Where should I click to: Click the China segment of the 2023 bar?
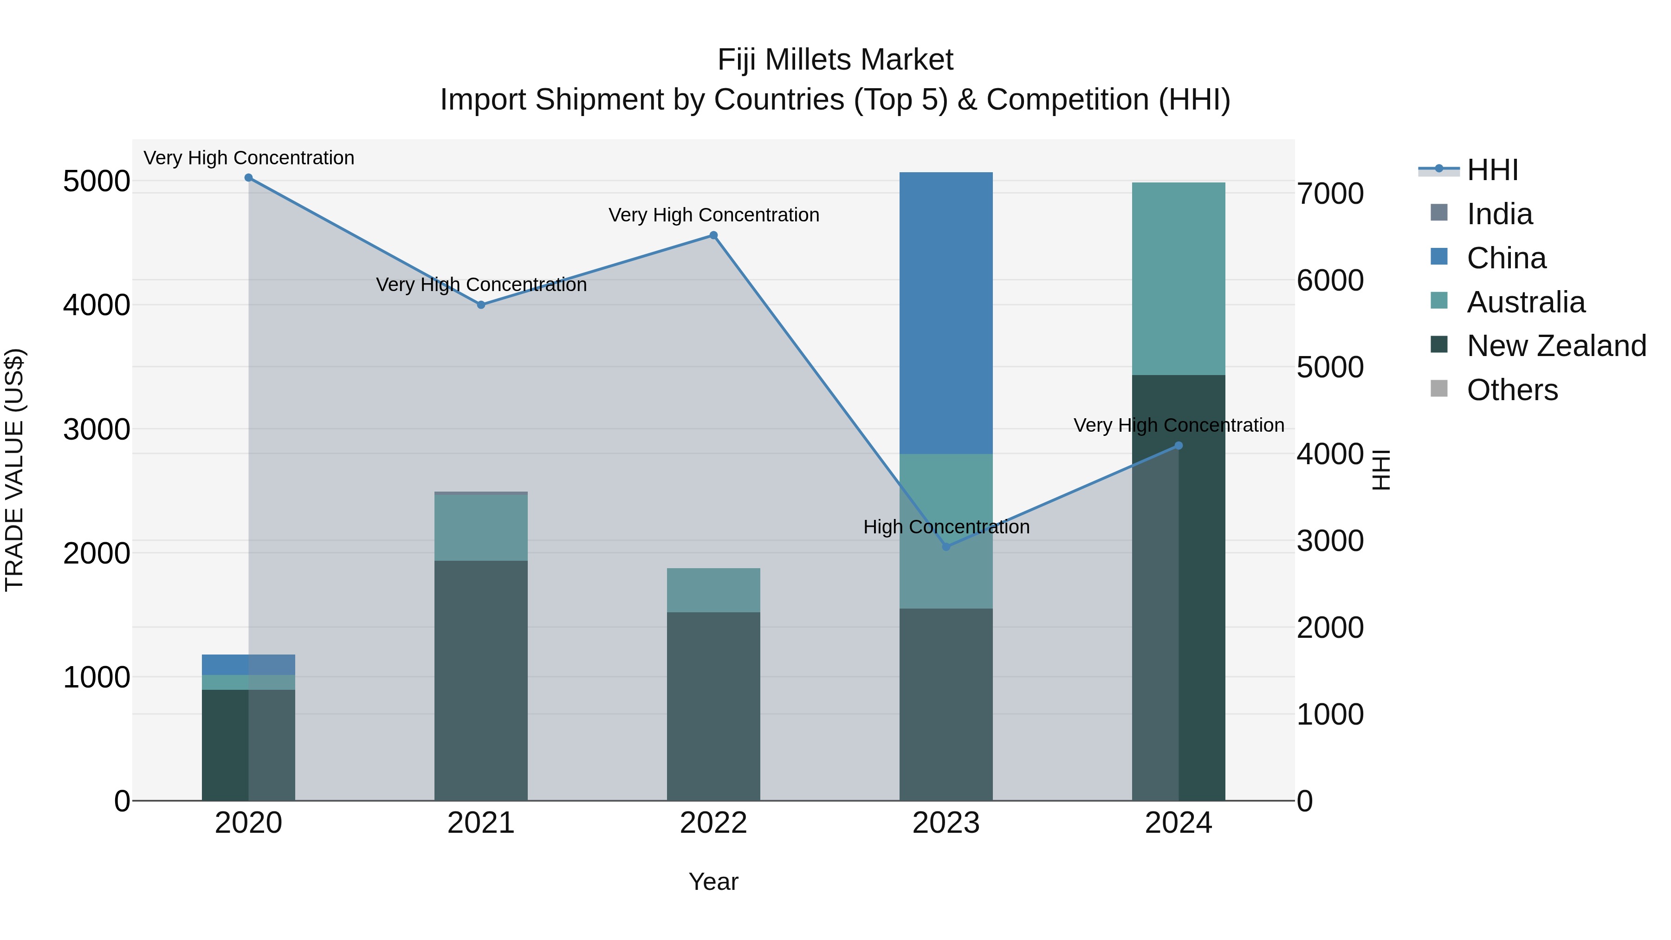(x=946, y=313)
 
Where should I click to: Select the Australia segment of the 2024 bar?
(x=1178, y=279)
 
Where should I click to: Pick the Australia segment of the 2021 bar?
(x=481, y=527)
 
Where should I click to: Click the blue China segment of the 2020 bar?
(x=248, y=664)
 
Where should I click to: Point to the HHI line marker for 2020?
(x=248, y=178)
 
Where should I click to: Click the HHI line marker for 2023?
(x=946, y=547)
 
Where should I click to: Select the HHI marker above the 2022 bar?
(x=713, y=235)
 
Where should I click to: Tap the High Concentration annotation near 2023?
(x=946, y=527)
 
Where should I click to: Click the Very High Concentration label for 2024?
(x=1178, y=426)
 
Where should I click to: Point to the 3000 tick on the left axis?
(x=96, y=429)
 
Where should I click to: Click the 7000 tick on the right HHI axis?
(x=1330, y=194)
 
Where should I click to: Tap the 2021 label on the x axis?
(x=481, y=823)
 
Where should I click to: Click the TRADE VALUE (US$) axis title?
(x=14, y=470)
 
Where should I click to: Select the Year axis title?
(x=713, y=882)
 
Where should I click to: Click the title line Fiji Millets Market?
(x=835, y=60)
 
